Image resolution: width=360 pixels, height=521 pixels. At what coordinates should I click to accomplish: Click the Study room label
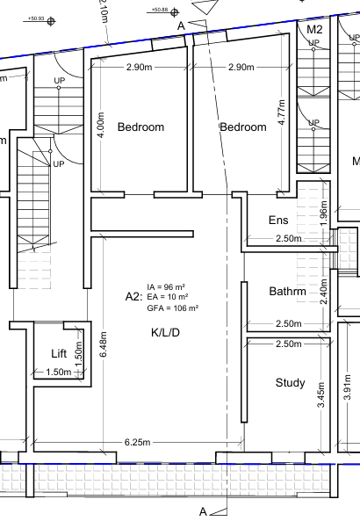coord(291,383)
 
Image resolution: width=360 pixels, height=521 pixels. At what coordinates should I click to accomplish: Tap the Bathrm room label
coord(288,292)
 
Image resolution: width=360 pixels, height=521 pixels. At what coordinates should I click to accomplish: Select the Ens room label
coord(278,220)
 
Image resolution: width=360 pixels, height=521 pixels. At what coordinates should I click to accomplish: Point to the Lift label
coord(59,353)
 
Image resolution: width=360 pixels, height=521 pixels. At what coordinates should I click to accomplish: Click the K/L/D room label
coord(165,332)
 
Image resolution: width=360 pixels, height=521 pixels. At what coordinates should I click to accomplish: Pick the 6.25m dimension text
coord(138,442)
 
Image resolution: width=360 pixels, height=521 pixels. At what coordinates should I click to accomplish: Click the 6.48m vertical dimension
coord(103,344)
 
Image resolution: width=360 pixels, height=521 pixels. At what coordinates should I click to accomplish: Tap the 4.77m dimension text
coord(282,112)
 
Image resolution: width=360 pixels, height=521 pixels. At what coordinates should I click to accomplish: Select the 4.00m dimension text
coord(102,124)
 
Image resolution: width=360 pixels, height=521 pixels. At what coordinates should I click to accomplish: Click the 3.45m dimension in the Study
coord(321,395)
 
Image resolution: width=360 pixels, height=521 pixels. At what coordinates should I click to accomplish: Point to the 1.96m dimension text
coord(325,213)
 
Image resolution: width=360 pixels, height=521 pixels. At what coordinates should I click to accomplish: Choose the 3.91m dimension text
coord(348,387)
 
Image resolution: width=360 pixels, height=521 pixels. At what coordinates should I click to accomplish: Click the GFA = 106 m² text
coord(173,308)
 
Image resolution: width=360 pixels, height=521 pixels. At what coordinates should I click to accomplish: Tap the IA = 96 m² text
coord(166,286)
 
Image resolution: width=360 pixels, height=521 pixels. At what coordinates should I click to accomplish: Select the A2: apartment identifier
coord(133,297)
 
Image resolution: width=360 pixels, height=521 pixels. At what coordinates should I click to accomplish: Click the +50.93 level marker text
coord(36,18)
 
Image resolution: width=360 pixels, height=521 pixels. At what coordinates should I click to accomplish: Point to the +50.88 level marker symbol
coord(175,12)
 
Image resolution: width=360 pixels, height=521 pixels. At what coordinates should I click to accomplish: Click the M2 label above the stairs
coord(314,30)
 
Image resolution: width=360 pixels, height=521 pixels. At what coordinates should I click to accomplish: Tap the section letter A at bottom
coord(203,511)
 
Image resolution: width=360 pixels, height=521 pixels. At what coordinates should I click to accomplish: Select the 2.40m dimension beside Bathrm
coord(324,292)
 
